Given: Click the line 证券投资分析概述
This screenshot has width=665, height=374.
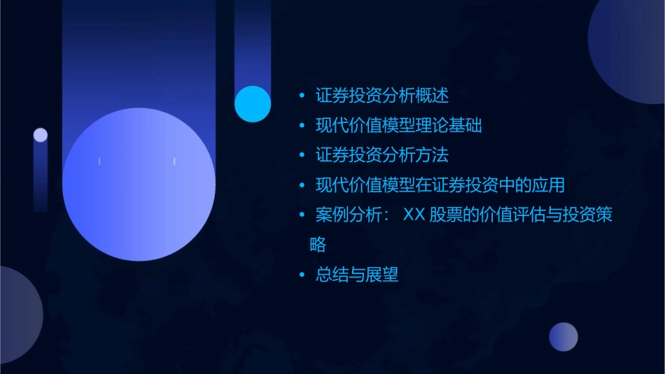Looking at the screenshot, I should [381, 95].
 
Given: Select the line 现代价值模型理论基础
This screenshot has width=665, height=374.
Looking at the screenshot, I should [398, 126].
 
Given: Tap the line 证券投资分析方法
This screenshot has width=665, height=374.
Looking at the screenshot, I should [381, 155].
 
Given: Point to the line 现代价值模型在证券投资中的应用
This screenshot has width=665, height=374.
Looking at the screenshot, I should [440, 185].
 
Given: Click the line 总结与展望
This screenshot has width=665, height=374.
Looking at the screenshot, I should [357, 275].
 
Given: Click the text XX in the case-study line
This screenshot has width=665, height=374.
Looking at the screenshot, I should [414, 215].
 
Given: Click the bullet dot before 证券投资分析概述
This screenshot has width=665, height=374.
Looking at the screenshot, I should [302, 96].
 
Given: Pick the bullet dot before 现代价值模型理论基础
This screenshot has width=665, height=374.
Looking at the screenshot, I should [302, 127].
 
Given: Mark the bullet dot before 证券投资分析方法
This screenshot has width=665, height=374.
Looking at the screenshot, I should [302, 156].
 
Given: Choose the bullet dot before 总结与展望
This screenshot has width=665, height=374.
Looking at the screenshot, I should [302, 275].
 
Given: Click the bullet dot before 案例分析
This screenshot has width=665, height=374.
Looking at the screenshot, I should [302, 216].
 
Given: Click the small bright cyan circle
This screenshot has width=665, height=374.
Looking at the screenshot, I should [253, 103].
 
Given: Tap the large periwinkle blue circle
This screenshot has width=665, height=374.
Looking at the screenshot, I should [139, 184].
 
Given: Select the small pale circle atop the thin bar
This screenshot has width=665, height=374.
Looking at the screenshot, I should [41, 135].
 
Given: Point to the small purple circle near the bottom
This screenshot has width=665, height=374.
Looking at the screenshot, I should [563, 337].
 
